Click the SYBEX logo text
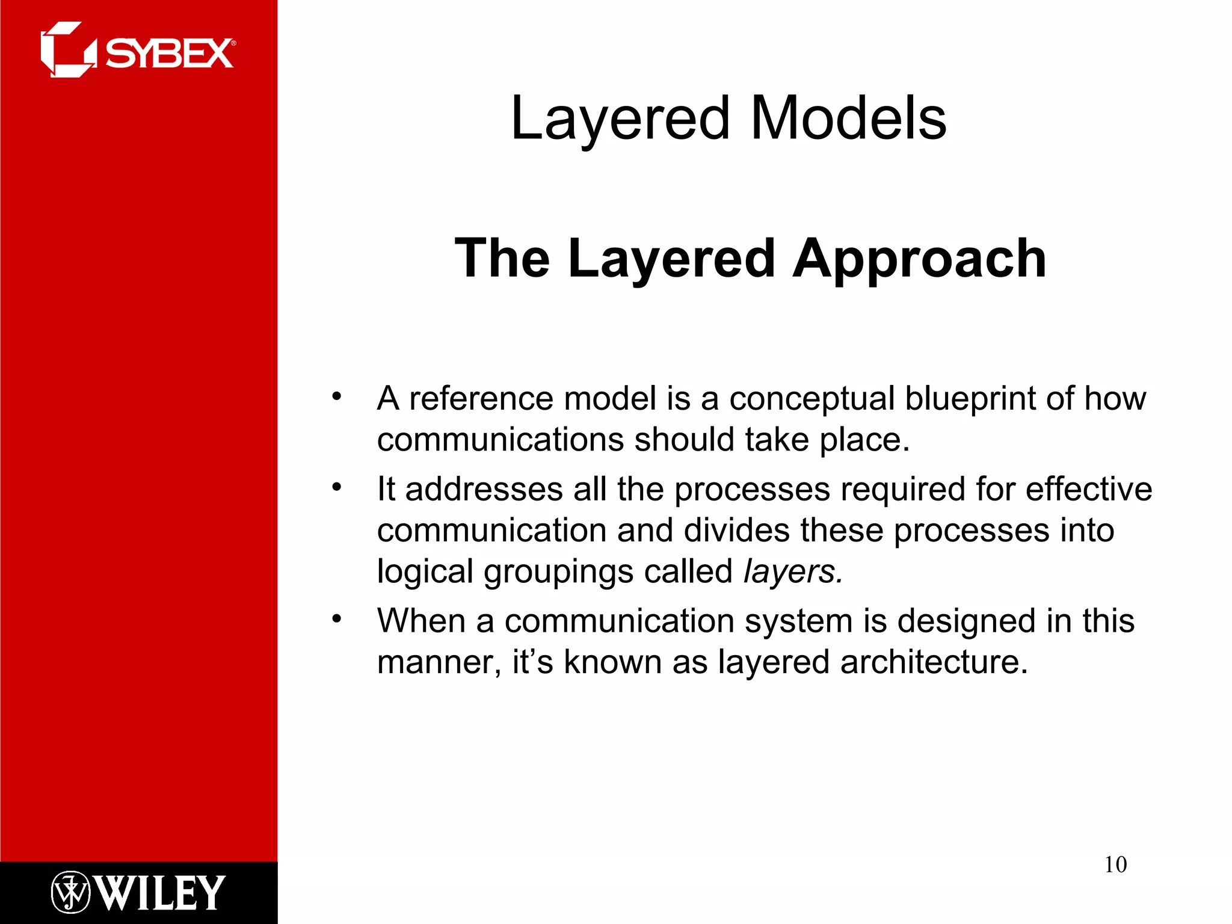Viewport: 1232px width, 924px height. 170,54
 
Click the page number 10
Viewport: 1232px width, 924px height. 1115,864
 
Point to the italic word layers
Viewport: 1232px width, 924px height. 792,571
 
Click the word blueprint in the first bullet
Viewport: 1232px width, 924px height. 970,398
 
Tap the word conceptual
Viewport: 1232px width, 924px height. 812,399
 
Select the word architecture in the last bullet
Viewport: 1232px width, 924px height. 934,662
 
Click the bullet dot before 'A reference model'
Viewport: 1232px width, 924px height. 337,396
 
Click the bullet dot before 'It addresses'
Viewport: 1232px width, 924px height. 337,487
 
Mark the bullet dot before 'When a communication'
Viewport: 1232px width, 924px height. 337,618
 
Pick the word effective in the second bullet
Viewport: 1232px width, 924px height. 1088,488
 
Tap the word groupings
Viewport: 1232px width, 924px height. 558,572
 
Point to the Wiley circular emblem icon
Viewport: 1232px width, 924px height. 70,892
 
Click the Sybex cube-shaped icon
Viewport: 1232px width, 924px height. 67,50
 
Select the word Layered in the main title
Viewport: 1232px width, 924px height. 620,119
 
